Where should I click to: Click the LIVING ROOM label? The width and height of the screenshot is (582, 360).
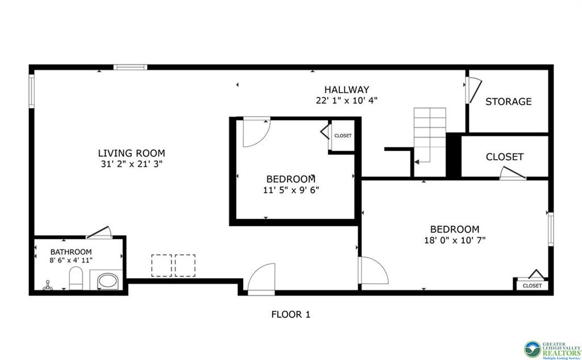[x=131, y=153]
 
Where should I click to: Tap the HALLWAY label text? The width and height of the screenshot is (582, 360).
[x=347, y=89]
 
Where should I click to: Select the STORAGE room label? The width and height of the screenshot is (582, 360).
[x=508, y=102]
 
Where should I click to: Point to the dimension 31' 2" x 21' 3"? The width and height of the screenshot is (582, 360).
[x=131, y=164]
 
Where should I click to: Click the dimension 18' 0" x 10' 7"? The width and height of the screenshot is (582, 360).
[x=454, y=240]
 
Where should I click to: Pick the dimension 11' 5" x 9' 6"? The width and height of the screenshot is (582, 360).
[x=290, y=190]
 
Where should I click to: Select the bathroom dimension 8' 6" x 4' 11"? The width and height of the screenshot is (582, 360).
[x=71, y=260]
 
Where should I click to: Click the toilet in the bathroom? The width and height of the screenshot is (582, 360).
[x=76, y=279]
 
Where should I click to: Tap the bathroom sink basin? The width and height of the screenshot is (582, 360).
[x=106, y=281]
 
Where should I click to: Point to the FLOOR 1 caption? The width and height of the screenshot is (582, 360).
[x=290, y=314]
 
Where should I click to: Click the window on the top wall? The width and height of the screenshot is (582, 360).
[x=130, y=67]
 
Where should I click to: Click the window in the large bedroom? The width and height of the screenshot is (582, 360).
[x=550, y=229]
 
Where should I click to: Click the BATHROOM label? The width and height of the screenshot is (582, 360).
[x=71, y=252]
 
